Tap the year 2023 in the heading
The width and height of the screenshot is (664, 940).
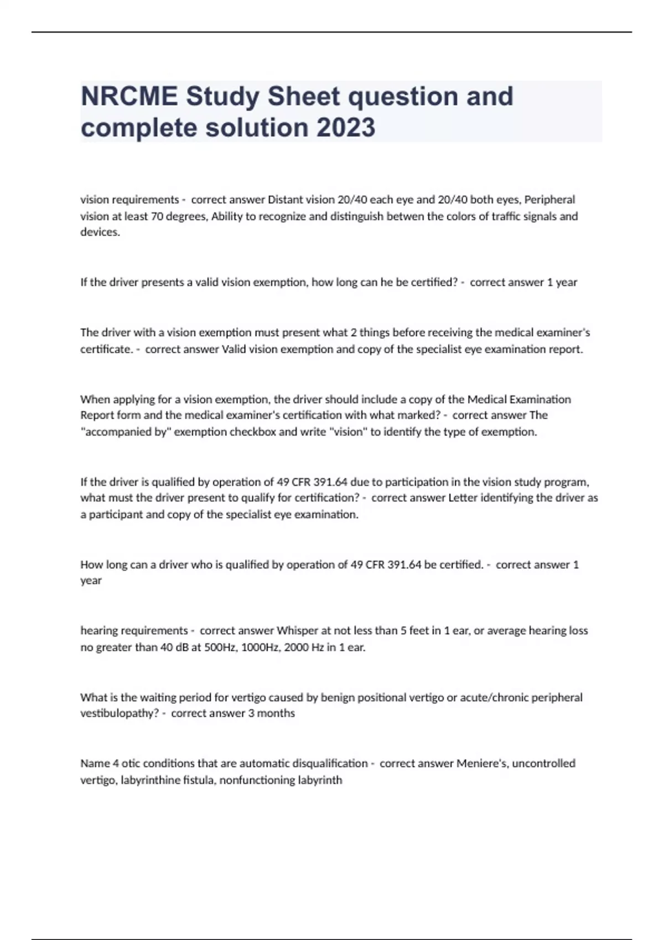346,128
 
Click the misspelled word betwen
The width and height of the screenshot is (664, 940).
408,216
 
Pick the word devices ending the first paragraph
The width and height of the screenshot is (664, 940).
100,232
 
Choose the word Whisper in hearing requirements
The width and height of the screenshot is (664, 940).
297,631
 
